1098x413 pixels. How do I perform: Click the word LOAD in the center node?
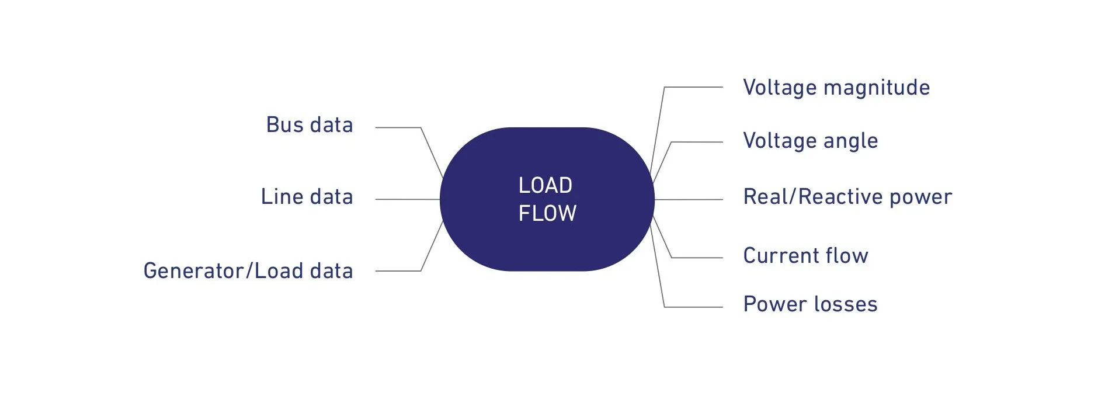click(x=545, y=185)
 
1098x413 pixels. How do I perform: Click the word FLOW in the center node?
click(x=547, y=213)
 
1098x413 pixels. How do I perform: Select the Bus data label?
click(x=309, y=125)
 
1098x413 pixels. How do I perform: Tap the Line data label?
click(x=307, y=197)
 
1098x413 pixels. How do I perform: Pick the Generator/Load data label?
click(x=248, y=271)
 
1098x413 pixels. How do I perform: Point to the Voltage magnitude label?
click(x=836, y=88)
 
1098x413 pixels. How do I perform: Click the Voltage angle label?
click(x=810, y=141)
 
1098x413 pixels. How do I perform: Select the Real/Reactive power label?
click(x=847, y=197)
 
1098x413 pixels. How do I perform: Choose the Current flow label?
click(x=805, y=256)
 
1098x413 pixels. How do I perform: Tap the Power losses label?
click(x=810, y=304)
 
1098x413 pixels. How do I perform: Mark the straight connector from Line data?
click(x=407, y=199)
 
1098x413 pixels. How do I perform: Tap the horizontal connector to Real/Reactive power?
click(x=689, y=199)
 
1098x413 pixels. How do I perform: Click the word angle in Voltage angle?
click(x=850, y=141)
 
